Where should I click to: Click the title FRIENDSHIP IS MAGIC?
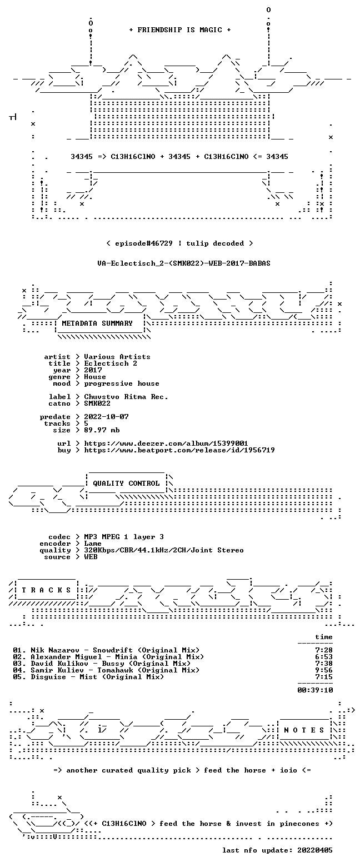180,30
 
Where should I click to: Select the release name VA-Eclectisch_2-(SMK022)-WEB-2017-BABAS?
184,263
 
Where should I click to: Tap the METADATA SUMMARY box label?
97,323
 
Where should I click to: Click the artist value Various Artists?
117,357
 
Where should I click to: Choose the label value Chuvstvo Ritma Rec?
126,397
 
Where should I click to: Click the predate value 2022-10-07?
106,417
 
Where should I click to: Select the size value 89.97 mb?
102,430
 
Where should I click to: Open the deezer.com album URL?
166,444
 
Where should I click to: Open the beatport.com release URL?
179,450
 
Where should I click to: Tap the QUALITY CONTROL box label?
126,484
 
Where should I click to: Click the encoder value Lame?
93,544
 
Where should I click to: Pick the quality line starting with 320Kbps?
164,550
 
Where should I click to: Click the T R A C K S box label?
46,590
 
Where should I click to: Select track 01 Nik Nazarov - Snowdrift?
106,650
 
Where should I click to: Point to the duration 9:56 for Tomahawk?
324,670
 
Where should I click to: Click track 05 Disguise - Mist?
88,676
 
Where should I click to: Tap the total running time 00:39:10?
315,690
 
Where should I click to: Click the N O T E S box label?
304,730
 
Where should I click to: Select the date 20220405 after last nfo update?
314,850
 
